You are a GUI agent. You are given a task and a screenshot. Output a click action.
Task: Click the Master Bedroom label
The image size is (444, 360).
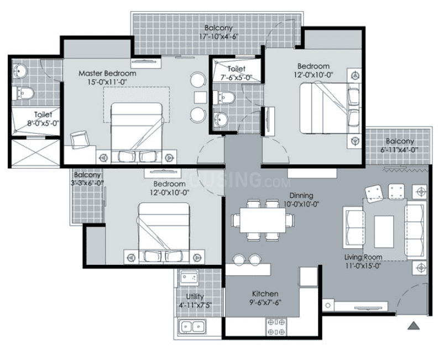click(107, 74)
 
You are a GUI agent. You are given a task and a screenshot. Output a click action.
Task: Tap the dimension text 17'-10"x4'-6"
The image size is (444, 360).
click(218, 36)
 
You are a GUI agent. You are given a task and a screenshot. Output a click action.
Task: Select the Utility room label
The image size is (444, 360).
click(195, 296)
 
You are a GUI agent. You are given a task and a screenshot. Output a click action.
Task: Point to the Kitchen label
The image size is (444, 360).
click(265, 294)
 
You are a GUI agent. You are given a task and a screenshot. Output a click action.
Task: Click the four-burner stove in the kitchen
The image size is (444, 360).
click(276, 327)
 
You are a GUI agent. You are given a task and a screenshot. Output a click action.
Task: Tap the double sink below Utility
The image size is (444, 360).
click(192, 327)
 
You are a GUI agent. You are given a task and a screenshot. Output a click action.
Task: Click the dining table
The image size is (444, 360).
click(263, 220)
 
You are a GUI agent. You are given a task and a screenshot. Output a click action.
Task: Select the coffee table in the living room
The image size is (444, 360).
click(384, 232)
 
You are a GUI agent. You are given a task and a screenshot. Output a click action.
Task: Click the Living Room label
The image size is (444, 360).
click(363, 257)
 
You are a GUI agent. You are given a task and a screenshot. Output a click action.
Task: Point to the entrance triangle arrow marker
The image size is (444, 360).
click(414, 326)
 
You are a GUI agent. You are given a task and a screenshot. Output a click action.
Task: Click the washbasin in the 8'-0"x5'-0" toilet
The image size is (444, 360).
click(19, 70)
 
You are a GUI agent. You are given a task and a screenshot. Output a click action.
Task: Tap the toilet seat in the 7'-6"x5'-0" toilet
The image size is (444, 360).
click(224, 97)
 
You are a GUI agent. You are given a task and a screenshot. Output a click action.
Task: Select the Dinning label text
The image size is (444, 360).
click(301, 195)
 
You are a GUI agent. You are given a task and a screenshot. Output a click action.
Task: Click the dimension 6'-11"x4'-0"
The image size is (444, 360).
click(399, 150)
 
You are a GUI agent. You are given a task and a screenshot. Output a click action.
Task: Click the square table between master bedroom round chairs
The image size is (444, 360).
click(201, 97)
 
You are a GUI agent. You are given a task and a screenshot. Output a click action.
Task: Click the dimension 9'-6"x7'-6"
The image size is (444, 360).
click(265, 302)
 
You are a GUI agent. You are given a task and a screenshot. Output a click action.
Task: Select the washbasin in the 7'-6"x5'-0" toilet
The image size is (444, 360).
click(221, 119)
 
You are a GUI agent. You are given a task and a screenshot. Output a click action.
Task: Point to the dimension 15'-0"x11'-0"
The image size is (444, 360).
click(107, 82)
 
